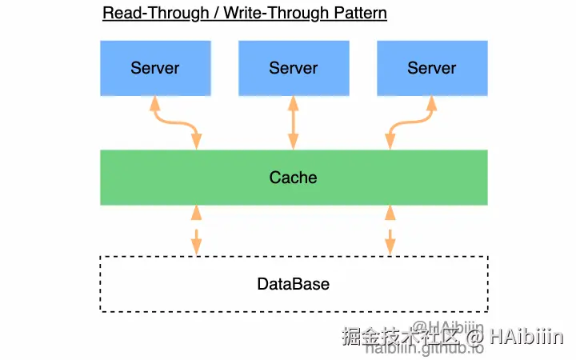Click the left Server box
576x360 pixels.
click(x=155, y=67)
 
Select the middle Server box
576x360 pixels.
click(x=294, y=67)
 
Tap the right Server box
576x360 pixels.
click(x=432, y=67)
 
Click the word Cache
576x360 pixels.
click(x=293, y=178)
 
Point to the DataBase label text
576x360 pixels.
click(x=293, y=284)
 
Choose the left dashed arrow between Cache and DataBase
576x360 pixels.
click(x=196, y=230)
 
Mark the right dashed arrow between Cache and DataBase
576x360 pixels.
click(x=390, y=230)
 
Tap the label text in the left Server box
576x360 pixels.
click(x=155, y=67)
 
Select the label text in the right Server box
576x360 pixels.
click(x=432, y=67)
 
